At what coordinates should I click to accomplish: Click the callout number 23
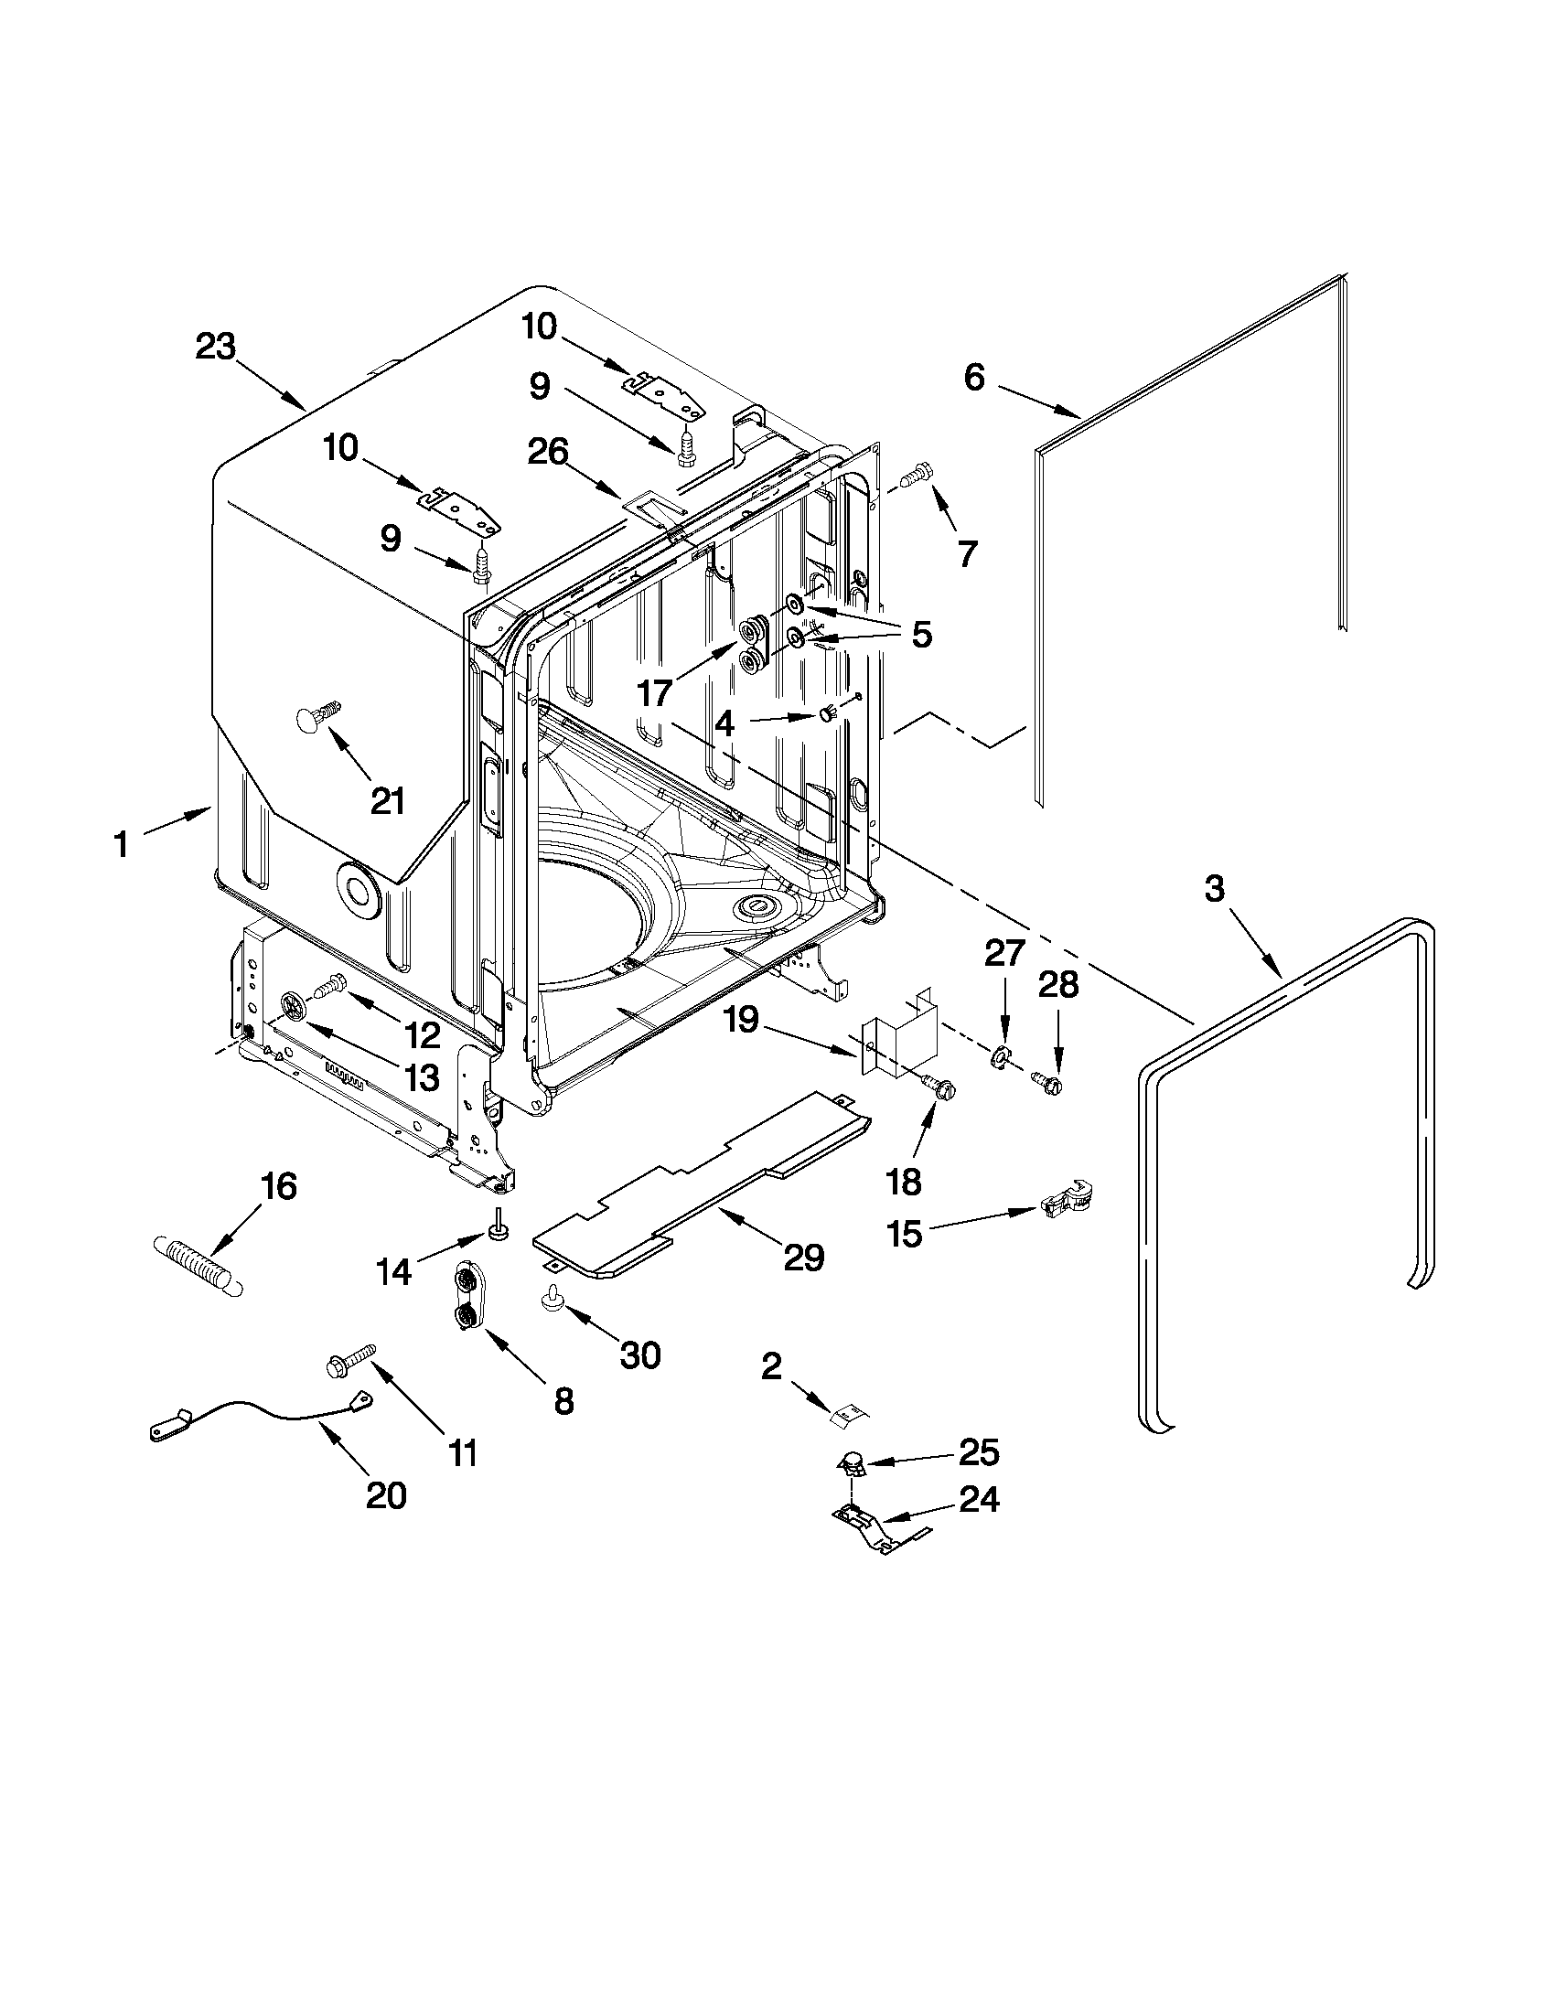tap(216, 348)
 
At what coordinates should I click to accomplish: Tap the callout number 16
tap(278, 1186)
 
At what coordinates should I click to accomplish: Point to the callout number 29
tap(803, 1258)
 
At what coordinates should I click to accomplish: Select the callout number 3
tap(1214, 890)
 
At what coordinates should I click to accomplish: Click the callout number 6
tap(974, 377)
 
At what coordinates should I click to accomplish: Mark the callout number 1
tap(121, 844)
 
